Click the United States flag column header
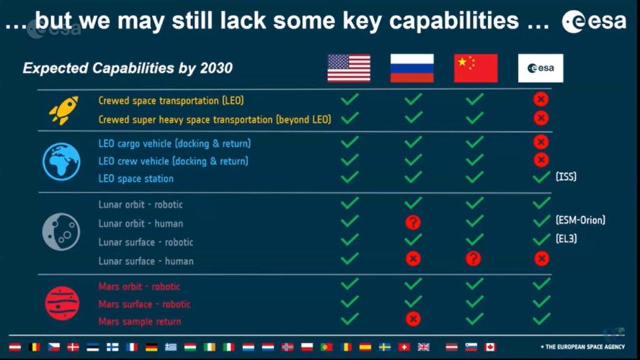tap(349, 68)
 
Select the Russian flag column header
tap(412, 68)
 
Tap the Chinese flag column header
tap(476, 68)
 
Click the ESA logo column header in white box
tap(540, 68)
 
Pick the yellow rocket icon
tap(63, 110)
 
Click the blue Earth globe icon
tap(61, 162)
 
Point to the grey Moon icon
tap(61, 232)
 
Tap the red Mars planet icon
tap(62, 304)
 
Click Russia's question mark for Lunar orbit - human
tap(412, 222)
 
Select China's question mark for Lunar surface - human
tap(473, 259)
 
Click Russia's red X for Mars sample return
tap(412, 319)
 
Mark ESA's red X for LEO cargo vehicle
tap(541, 142)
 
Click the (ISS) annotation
tap(566, 177)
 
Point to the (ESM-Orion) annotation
tap(580, 220)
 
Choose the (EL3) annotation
tap(566, 238)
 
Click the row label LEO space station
tap(136, 179)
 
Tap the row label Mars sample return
tap(139, 321)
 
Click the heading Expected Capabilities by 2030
tap(127, 68)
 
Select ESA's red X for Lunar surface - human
tap(541, 259)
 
